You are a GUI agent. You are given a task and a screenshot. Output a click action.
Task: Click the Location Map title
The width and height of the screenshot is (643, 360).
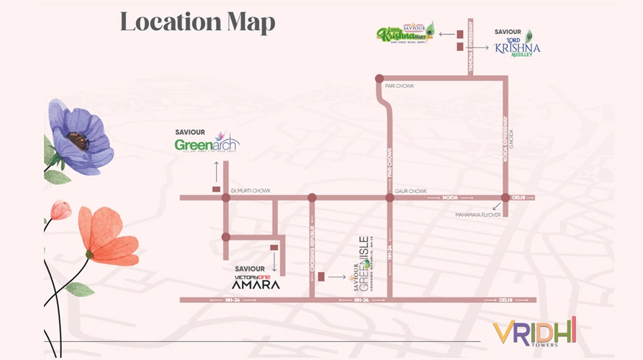[x=197, y=22]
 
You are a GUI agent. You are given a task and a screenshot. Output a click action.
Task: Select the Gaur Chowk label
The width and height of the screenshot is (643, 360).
[x=410, y=191]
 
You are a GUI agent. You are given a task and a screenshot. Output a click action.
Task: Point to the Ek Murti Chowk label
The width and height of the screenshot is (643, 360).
[x=250, y=191]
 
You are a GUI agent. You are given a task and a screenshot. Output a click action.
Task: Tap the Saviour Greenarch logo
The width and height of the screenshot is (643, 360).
[x=207, y=142]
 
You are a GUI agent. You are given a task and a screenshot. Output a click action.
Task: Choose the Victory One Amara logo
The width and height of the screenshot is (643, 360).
[x=252, y=280]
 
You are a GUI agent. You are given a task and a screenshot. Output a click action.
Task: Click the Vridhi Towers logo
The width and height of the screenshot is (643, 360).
[x=534, y=333]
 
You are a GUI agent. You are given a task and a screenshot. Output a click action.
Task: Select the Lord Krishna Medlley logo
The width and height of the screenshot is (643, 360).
[x=516, y=44]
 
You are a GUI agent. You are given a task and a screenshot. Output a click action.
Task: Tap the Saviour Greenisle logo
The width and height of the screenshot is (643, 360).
[x=359, y=265]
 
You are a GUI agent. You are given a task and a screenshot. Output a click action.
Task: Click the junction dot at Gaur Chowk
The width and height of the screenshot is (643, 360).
[x=390, y=197]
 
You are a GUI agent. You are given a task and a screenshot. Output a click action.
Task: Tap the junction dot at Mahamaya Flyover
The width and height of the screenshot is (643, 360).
[x=505, y=197]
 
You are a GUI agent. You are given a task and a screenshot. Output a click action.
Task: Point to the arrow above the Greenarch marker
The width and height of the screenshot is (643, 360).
[x=215, y=171]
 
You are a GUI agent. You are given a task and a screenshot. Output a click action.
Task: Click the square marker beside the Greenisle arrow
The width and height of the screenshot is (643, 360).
[x=321, y=276]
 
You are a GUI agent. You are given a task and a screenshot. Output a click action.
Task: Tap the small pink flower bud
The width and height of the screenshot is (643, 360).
[x=61, y=210]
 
